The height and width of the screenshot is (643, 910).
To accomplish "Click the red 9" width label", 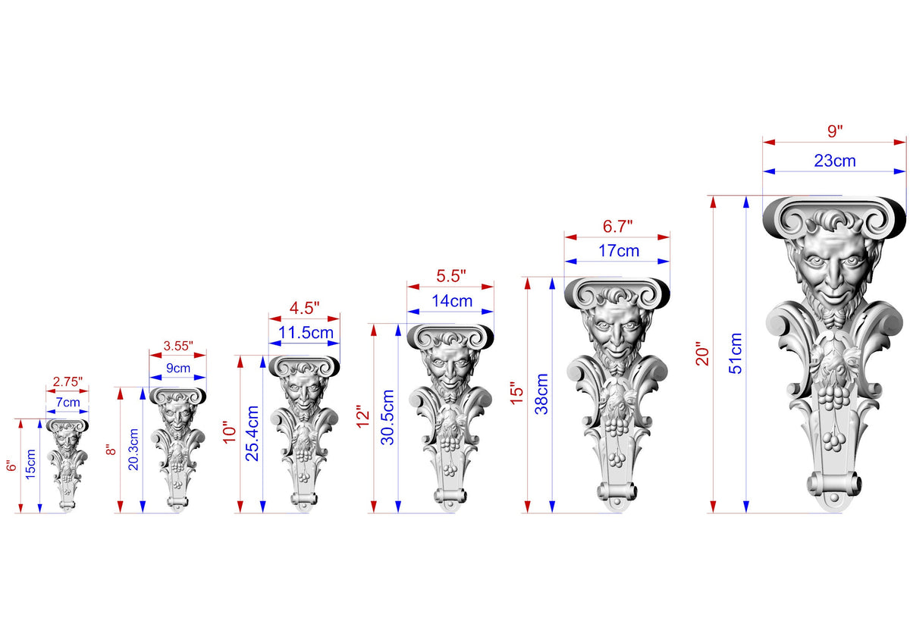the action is pos(835,131).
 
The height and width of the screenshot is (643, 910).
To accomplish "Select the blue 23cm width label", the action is pos(835,161).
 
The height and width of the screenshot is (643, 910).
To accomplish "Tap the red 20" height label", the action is pos(702,354).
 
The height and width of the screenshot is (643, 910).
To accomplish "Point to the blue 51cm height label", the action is pos(736,353).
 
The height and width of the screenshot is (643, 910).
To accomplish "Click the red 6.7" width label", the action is pos(617,226).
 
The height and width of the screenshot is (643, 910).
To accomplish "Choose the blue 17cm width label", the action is pos(619,251).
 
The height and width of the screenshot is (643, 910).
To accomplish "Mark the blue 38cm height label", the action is pos(541,394).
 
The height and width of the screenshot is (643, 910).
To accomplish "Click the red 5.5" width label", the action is pos(451,276).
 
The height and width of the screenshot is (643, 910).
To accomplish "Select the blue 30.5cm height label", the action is pos(388,417).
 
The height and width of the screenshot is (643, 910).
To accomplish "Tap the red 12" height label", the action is pos(362,416).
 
